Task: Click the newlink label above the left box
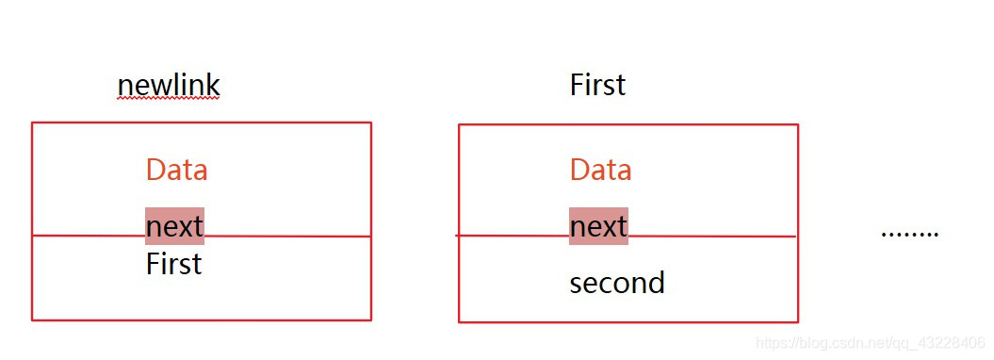coord(168,86)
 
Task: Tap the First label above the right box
coord(597,86)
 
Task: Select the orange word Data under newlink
coord(176,170)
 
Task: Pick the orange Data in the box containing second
coord(600,170)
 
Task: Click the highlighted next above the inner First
coord(174,226)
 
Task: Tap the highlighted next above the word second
coord(598,226)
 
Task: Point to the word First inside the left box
coord(173,264)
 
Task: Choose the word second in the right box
coord(617,283)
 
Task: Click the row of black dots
coord(909,233)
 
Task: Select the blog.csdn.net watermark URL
coord(872,344)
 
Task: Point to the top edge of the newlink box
coord(201,123)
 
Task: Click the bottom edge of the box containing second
coord(628,321)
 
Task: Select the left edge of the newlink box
coord(32,221)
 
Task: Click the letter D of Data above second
coord(578,170)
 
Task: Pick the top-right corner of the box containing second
coord(797,124)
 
